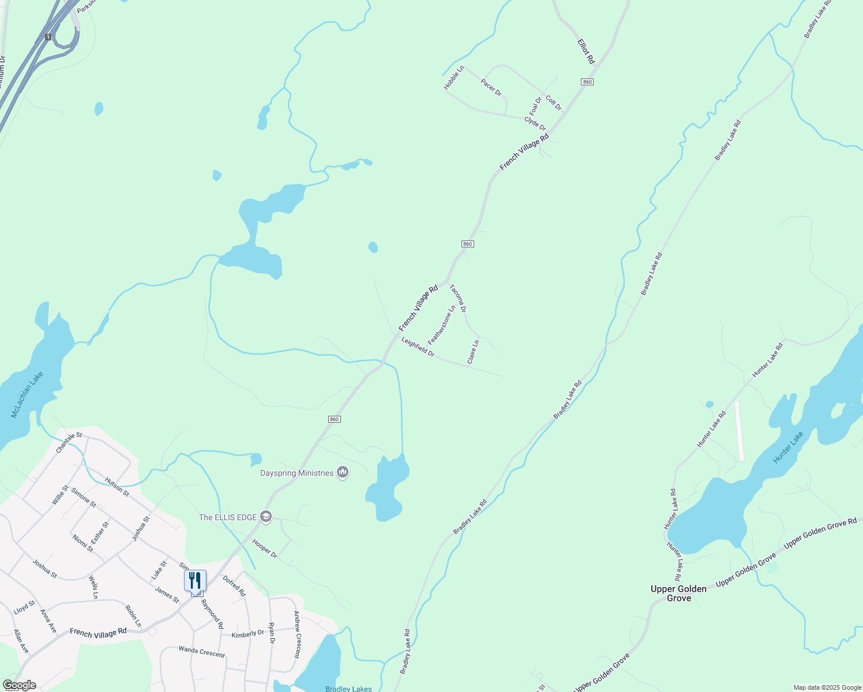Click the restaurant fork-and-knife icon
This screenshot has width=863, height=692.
coord(195,580)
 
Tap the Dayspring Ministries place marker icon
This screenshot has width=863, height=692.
coord(343,473)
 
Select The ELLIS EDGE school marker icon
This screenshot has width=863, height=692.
coord(266,517)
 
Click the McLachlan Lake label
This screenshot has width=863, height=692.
coord(27,395)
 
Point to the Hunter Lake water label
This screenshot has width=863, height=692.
coord(788,447)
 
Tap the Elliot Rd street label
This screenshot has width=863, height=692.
coord(586,51)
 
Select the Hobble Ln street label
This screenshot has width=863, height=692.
coord(453,78)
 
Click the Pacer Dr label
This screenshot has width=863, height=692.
coord(491,88)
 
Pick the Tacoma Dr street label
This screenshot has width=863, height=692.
coord(458,298)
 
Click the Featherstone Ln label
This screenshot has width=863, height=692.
coord(442,325)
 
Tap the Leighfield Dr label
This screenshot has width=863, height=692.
coord(418,347)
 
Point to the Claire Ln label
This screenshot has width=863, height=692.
coord(473,352)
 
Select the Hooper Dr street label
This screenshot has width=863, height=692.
coord(265,548)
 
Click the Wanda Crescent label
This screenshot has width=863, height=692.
coord(201,652)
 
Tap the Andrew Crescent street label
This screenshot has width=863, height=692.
coord(297,634)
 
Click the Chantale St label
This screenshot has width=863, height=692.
coord(69,443)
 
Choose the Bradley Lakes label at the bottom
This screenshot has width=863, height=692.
coord(348,689)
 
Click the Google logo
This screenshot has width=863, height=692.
coord(19,685)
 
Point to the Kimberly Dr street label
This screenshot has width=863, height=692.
coord(247,634)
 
